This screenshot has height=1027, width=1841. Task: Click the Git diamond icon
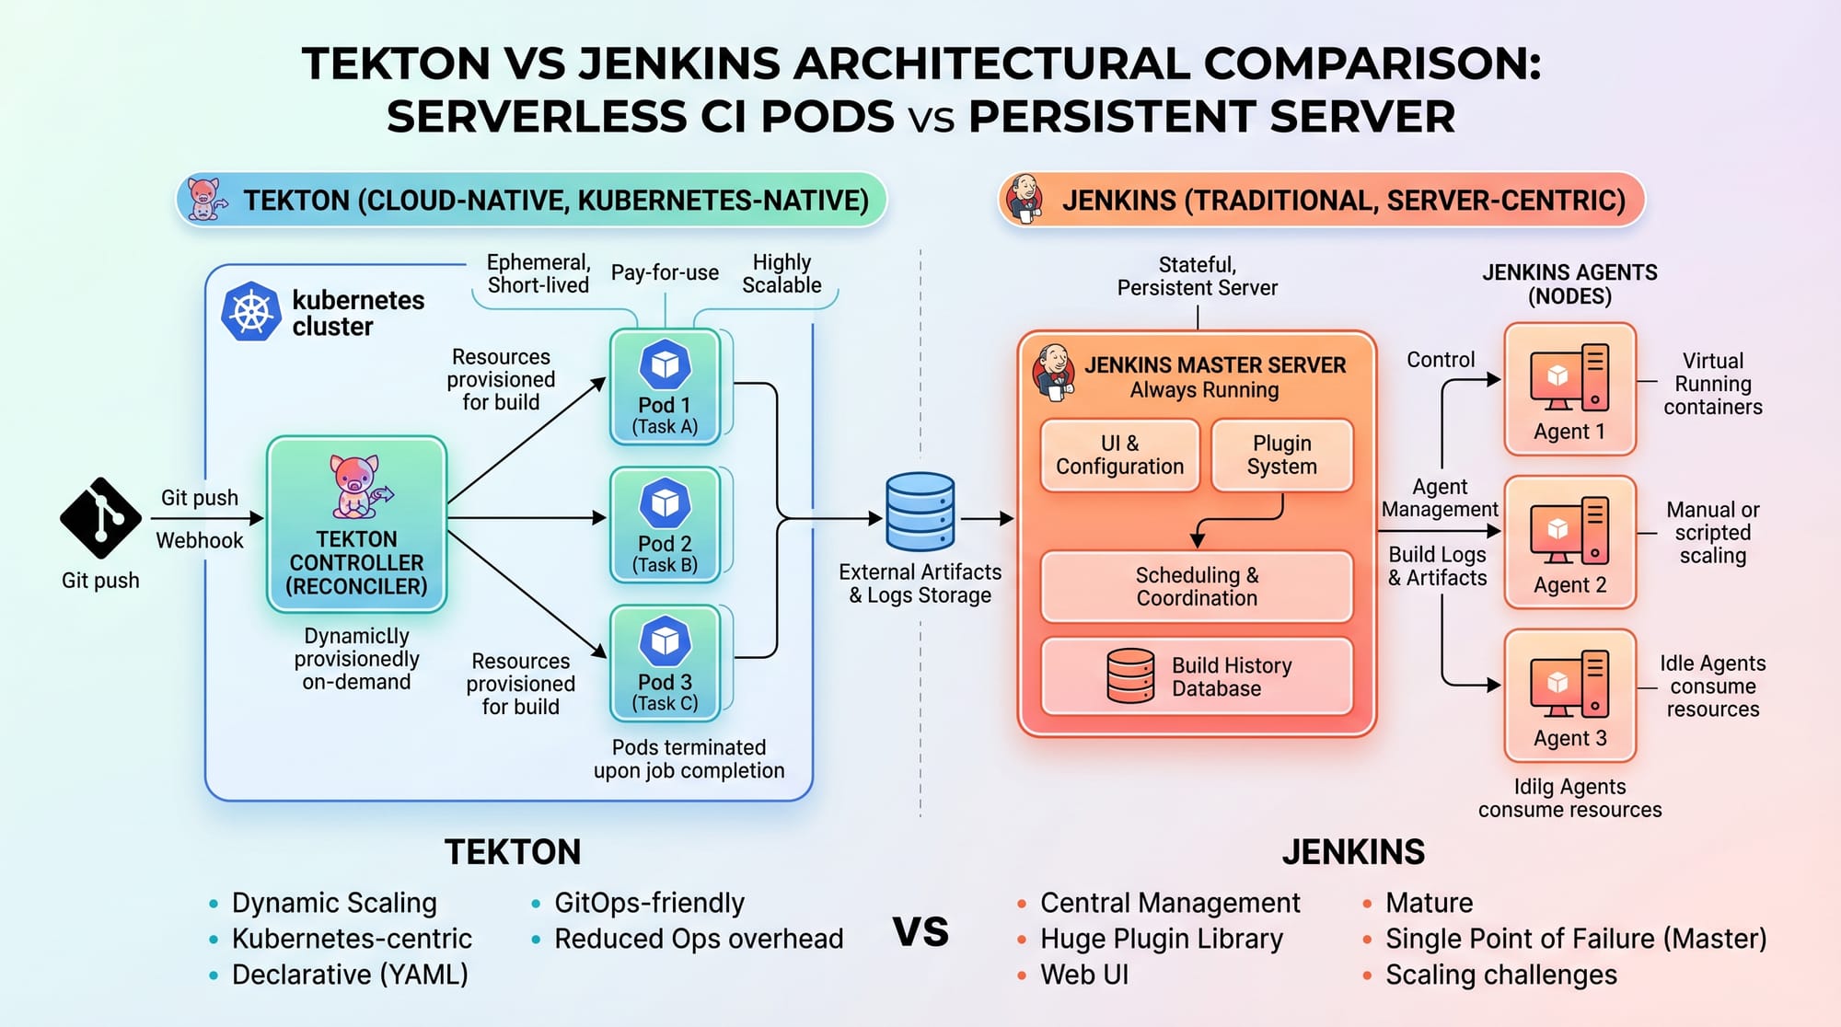[100, 518]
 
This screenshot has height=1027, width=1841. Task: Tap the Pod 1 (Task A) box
[665, 387]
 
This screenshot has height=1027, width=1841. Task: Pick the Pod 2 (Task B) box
[665, 525]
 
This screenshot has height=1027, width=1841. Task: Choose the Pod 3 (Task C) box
[665, 663]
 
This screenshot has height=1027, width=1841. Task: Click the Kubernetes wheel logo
[250, 312]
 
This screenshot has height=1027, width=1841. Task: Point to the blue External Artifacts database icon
[920, 513]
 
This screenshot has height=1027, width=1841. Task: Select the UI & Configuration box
[1119, 455]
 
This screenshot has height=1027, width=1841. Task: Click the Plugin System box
[1281, 455]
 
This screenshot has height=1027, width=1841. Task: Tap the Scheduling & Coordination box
[1197, 586]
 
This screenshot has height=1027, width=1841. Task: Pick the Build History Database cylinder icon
[1130, 676]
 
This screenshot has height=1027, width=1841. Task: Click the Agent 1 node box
[1569, 388]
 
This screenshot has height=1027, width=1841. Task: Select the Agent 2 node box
[1569, 542]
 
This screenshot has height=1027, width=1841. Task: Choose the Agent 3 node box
[1569, 696]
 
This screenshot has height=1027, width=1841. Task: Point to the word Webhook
[200, 540]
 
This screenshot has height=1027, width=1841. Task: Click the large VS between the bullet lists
[920, 931]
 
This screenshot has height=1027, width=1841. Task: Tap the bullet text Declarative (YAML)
[350, 975]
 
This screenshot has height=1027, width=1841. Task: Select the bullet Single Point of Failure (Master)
[1576, 939]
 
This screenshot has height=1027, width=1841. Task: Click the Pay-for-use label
[665, 272]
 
